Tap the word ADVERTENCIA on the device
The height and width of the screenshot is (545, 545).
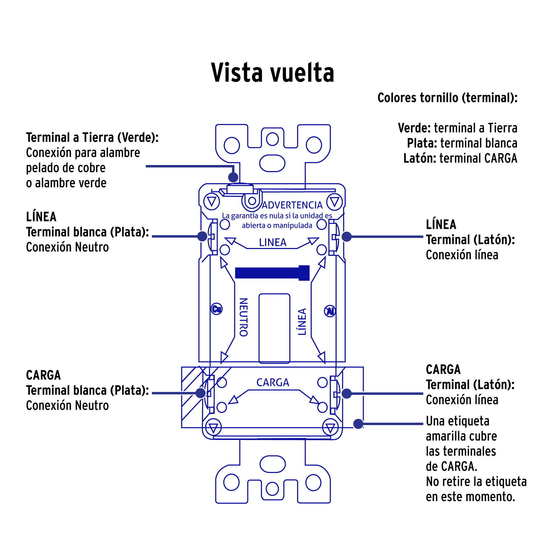(x=292, y=205)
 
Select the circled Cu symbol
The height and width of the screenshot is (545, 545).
(x=216, y=309)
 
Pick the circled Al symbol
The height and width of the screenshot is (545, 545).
(x=330, y=311)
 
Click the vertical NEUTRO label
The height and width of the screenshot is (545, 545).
(x=244, y=317)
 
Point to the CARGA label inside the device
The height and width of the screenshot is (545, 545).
(x=272, y=382)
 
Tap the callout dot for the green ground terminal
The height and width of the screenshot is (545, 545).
(x=233, y=177)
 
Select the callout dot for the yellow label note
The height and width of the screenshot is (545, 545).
(x=358, y=424)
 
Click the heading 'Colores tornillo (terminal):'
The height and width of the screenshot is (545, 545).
(x=447, y=98)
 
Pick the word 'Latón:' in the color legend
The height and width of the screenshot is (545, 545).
(x=420, y=158)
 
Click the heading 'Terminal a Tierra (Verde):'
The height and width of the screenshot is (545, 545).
(x=92, y=137)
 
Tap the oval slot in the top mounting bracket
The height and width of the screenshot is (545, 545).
(x=272, y=163)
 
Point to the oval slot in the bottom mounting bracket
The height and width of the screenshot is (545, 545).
(x=272, y=464)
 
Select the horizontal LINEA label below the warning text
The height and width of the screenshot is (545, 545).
(x=272, y=243)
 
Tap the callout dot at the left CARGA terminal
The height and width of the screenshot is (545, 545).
(x=200, y=393)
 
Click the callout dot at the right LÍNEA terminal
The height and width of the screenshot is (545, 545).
(x=346, y=236)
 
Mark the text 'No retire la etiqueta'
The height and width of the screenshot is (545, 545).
(x=476, y=481)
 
